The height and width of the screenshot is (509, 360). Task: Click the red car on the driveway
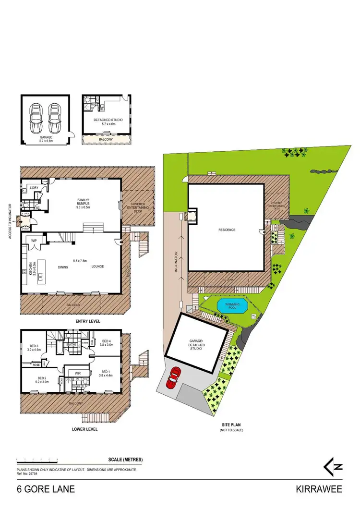[x=174, y=377]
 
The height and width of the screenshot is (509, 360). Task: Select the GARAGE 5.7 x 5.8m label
[x=46, y=139]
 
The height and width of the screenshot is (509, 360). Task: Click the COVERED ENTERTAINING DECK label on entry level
[x=138, y=207]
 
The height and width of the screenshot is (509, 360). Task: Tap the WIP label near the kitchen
[x=34, y=240]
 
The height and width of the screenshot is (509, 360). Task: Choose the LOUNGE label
[x=98, y=267]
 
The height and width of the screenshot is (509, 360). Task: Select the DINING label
[x=63, y=267]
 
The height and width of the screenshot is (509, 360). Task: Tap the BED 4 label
[x=106, y=342]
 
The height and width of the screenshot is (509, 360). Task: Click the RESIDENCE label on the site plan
[x=227, y=230]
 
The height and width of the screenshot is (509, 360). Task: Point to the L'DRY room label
[x=34, y=187]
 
